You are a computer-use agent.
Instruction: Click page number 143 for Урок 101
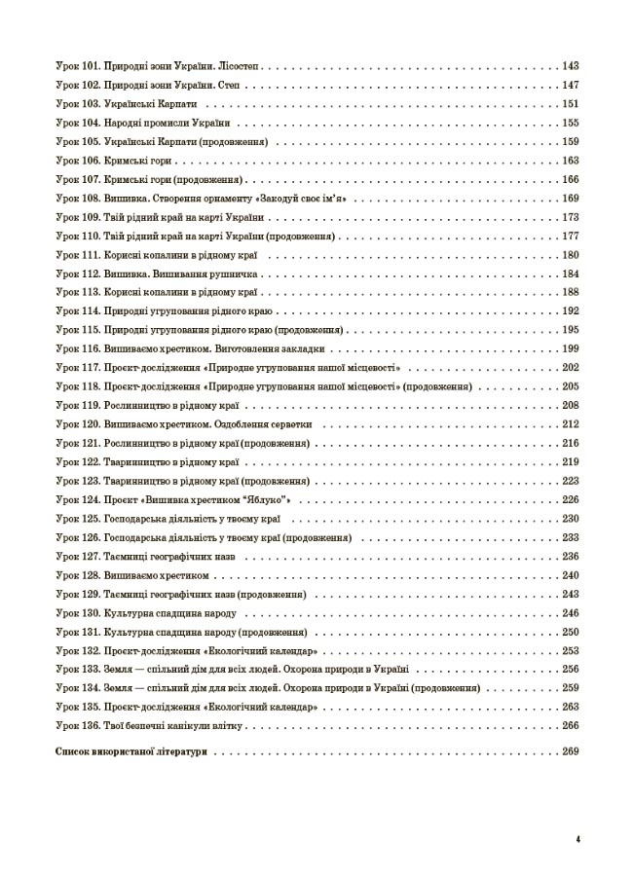coord(571,67)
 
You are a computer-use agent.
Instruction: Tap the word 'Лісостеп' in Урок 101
coord(239,67)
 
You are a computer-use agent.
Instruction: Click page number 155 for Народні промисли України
coord(571,124)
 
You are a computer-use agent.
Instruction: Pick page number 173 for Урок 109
coord(571,217)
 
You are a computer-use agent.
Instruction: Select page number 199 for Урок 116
coord(571,348)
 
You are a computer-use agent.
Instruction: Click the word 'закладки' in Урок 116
coord(316,348)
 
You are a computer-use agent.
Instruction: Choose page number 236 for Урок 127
coord(571,556)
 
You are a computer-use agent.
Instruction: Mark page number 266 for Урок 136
coord(571,725)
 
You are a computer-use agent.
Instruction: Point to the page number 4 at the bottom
coord(577,840)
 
